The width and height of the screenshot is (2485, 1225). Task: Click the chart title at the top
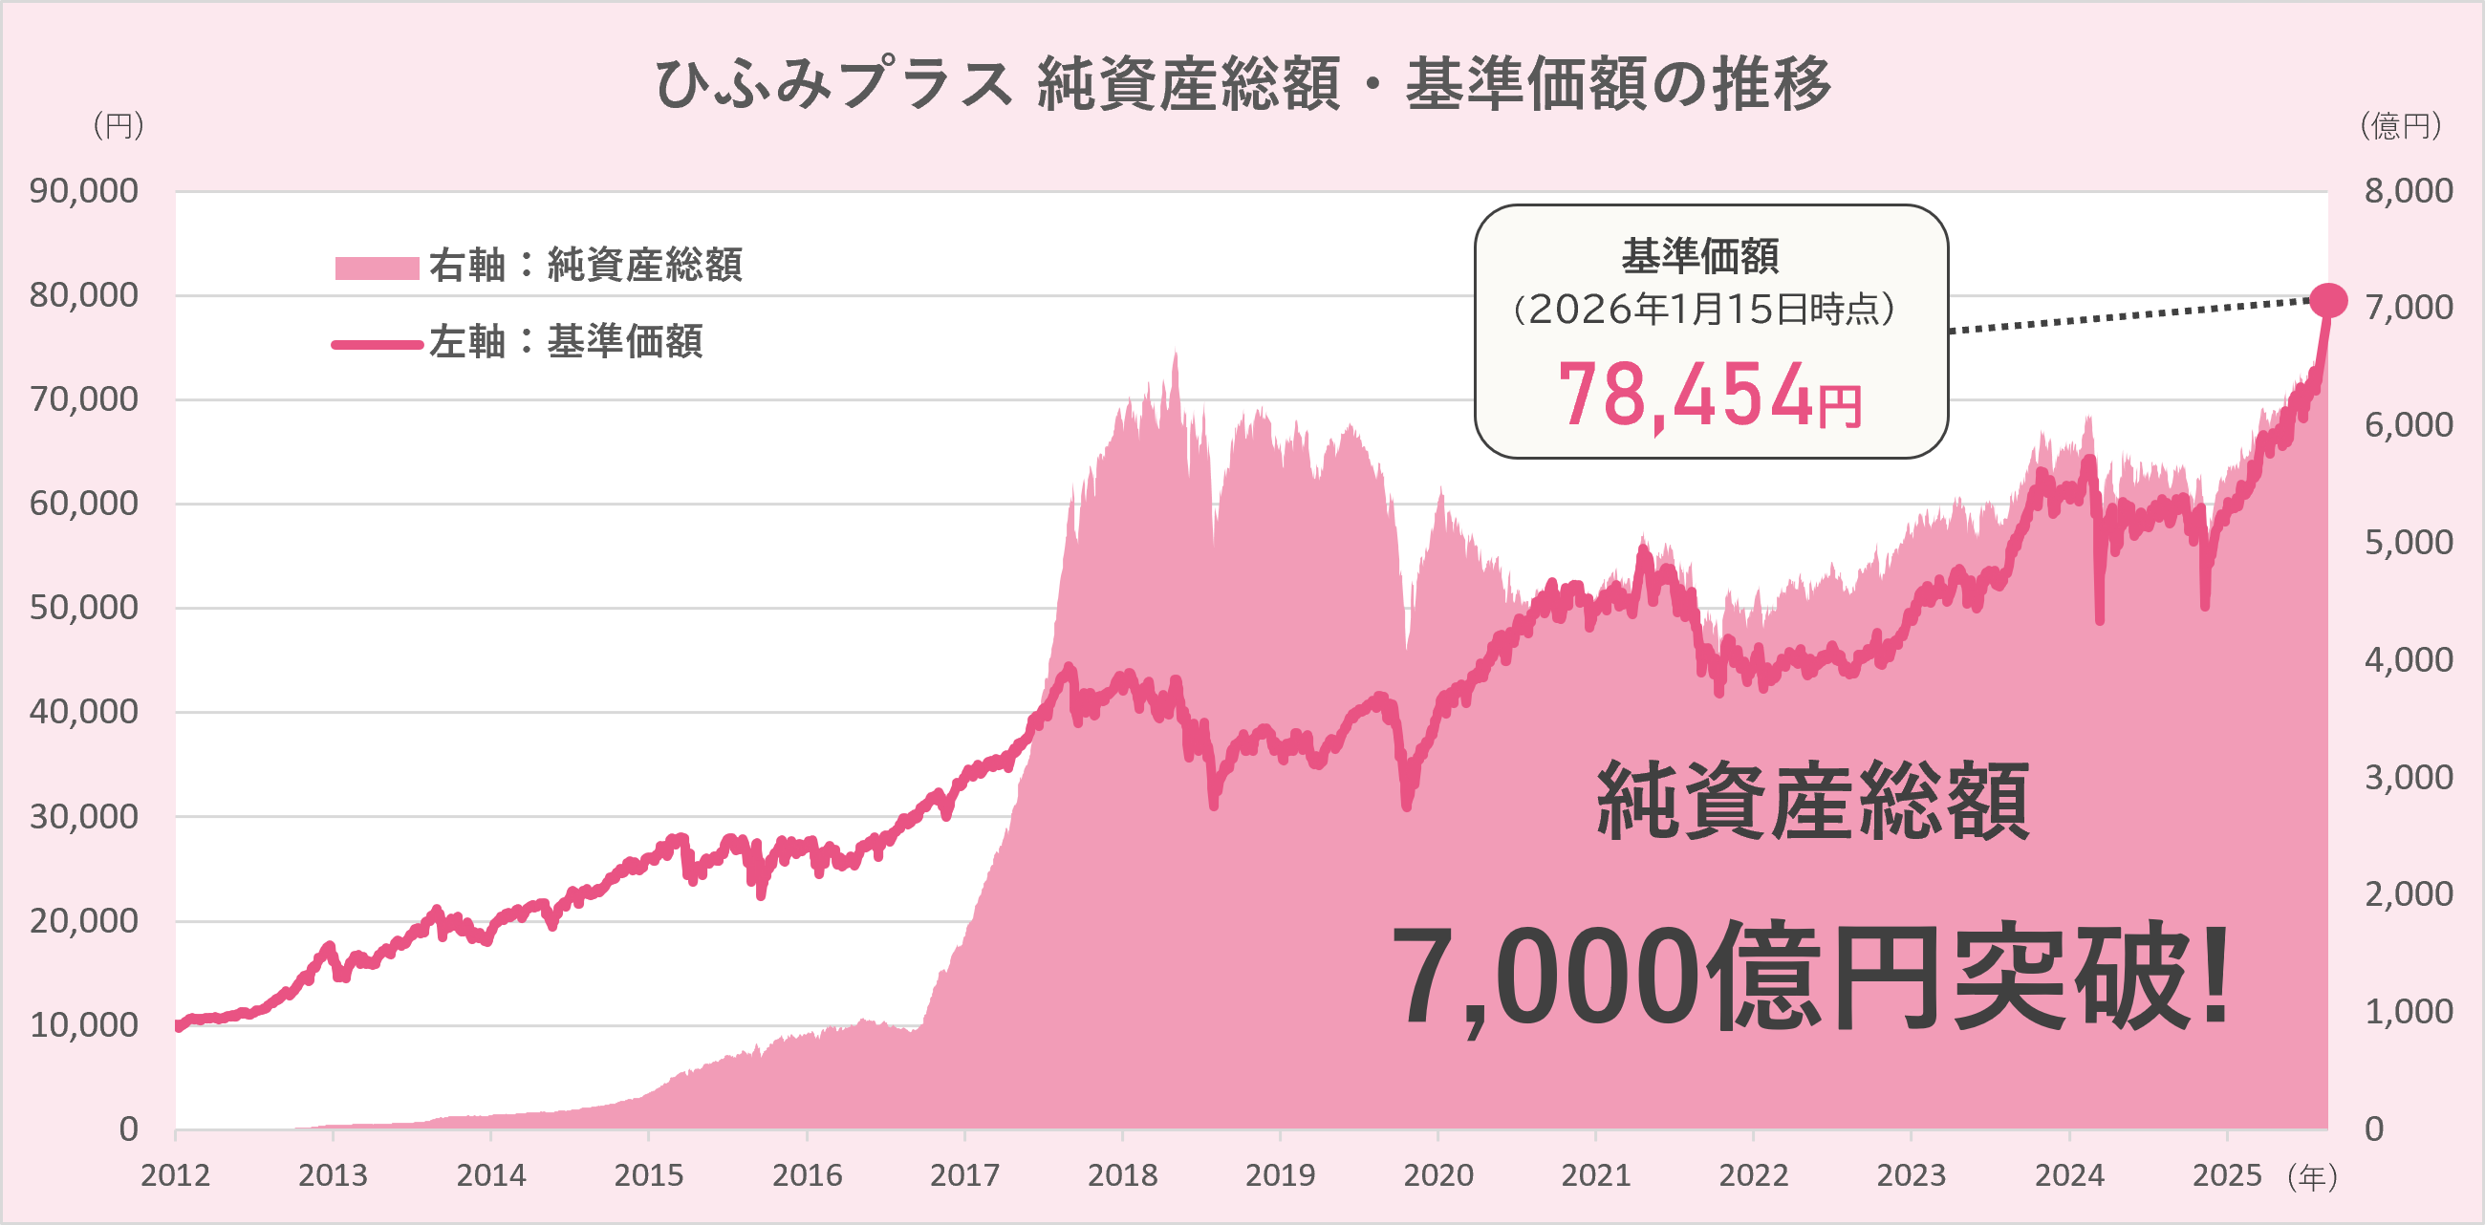point(1242,83)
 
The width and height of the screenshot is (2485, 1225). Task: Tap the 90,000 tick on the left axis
point(84,191)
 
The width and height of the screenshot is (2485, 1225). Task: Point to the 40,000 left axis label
point(84,712)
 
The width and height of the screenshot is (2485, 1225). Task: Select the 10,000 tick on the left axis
point(84,1024)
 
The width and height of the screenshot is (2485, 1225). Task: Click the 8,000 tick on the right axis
point(2408,191)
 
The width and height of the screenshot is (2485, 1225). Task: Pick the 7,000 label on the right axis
point(2408,308)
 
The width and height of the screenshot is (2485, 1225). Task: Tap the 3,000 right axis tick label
point(2408,777)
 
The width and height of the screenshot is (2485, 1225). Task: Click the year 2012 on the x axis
point(175,1175)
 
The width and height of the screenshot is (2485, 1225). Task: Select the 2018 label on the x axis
point(1122,1175)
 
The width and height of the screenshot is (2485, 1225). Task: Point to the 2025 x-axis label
point(2227,1175)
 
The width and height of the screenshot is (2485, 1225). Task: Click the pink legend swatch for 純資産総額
point(377,268)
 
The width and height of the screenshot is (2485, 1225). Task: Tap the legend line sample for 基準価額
point(377,344)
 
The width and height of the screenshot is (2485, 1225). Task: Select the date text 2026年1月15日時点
point(1703,310)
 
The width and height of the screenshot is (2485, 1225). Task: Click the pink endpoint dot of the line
point(2327,301)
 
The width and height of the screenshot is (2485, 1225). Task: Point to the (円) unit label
point(118,125)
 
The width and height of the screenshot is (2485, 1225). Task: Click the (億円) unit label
point(2400,125)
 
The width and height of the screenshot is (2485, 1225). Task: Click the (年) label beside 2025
point(2312,1177)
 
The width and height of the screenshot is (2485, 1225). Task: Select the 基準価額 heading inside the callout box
point(1699,257)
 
